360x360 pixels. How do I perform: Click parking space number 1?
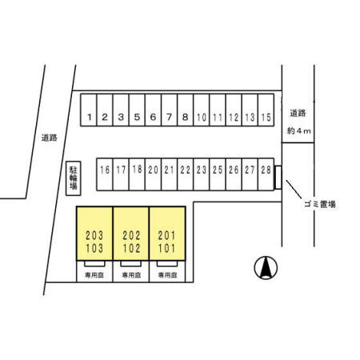[x=89, y=110]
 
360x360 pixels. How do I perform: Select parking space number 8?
[x=186, y=110]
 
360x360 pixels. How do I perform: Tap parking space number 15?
[x=266, y=110]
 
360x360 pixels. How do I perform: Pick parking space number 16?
[x=105, y=174]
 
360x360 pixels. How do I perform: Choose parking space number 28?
[x=266, y=174]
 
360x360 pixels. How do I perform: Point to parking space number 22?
[x=186, y=174]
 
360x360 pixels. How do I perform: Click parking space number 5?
[x=137, y=110]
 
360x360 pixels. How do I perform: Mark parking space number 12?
[x=234, y=110]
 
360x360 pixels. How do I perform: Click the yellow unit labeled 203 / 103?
[x=94, y=234]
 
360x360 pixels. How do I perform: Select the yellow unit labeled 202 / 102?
[x=131, y=234]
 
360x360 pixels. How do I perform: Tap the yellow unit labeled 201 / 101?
[x=167, y=234]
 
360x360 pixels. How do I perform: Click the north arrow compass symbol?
[x=266, y=268]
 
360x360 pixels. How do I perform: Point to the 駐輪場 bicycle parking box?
[x=74, y=178]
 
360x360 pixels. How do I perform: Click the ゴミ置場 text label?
[x=320, y=205]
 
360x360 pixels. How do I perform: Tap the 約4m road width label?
[x=299, y=131]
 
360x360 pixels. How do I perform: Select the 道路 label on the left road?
[x=50, y=138]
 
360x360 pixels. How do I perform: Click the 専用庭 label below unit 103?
[x=94, y=275]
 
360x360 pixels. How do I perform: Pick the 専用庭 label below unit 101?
[x=167, y=275]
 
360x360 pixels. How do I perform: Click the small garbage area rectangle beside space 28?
[x=278, y=178]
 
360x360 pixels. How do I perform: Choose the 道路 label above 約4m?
[x=298, y=114]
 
